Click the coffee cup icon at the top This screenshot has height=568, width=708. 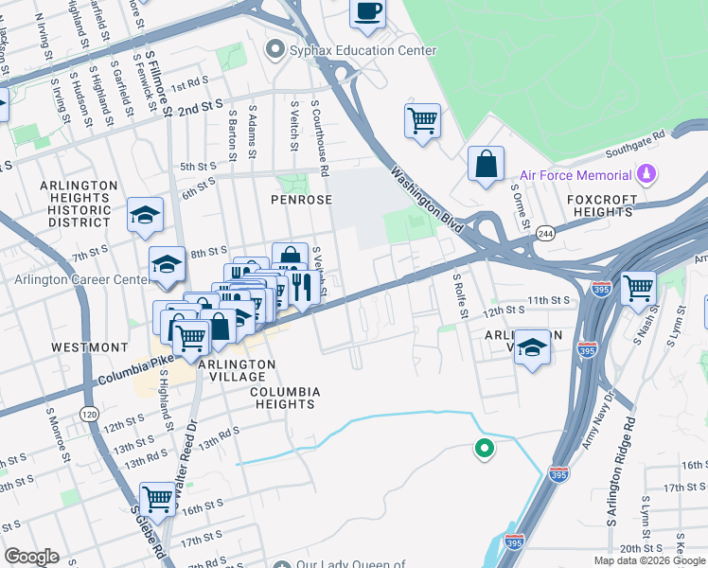(x=367, y=12)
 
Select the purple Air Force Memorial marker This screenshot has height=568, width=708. (x=647, y=174)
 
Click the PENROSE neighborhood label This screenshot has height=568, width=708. (x=301, y=201)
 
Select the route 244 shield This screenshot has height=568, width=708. (x=544, y=233)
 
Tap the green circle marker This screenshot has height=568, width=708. (x=485, y=449)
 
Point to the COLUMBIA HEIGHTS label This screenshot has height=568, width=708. (x=285, y=398)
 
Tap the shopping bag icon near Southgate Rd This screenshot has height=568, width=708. (x=486, y=164)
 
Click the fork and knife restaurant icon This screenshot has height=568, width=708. (x=302, y=286)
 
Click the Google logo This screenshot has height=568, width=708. (x=31, y=557)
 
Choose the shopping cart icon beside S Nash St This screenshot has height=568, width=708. (x=639, y=286)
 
